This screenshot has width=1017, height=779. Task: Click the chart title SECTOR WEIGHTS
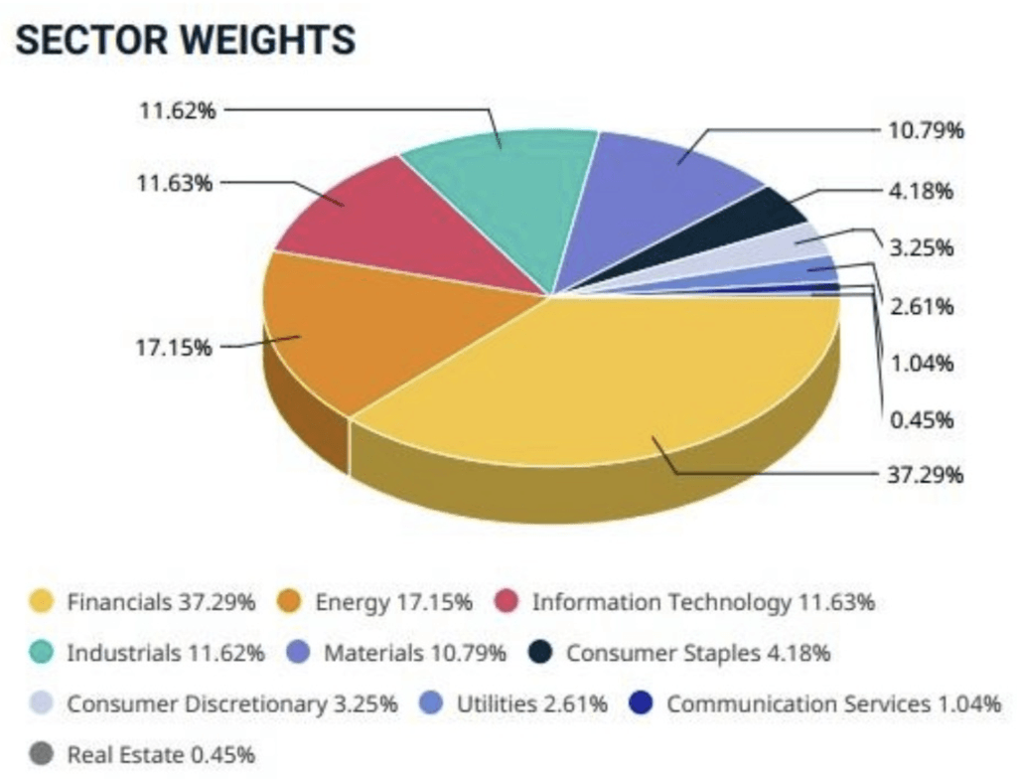186,41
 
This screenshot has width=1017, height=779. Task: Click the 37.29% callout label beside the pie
924,474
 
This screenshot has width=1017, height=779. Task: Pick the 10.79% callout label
924,130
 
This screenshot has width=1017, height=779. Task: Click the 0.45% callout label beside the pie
921,420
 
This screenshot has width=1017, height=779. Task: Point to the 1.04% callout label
921,363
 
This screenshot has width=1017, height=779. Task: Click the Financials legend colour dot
42,601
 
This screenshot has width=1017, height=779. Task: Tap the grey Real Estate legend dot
42,754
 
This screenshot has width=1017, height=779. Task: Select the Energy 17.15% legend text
393,601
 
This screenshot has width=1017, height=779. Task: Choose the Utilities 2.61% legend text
531,703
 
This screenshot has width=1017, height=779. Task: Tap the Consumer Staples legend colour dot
540,653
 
